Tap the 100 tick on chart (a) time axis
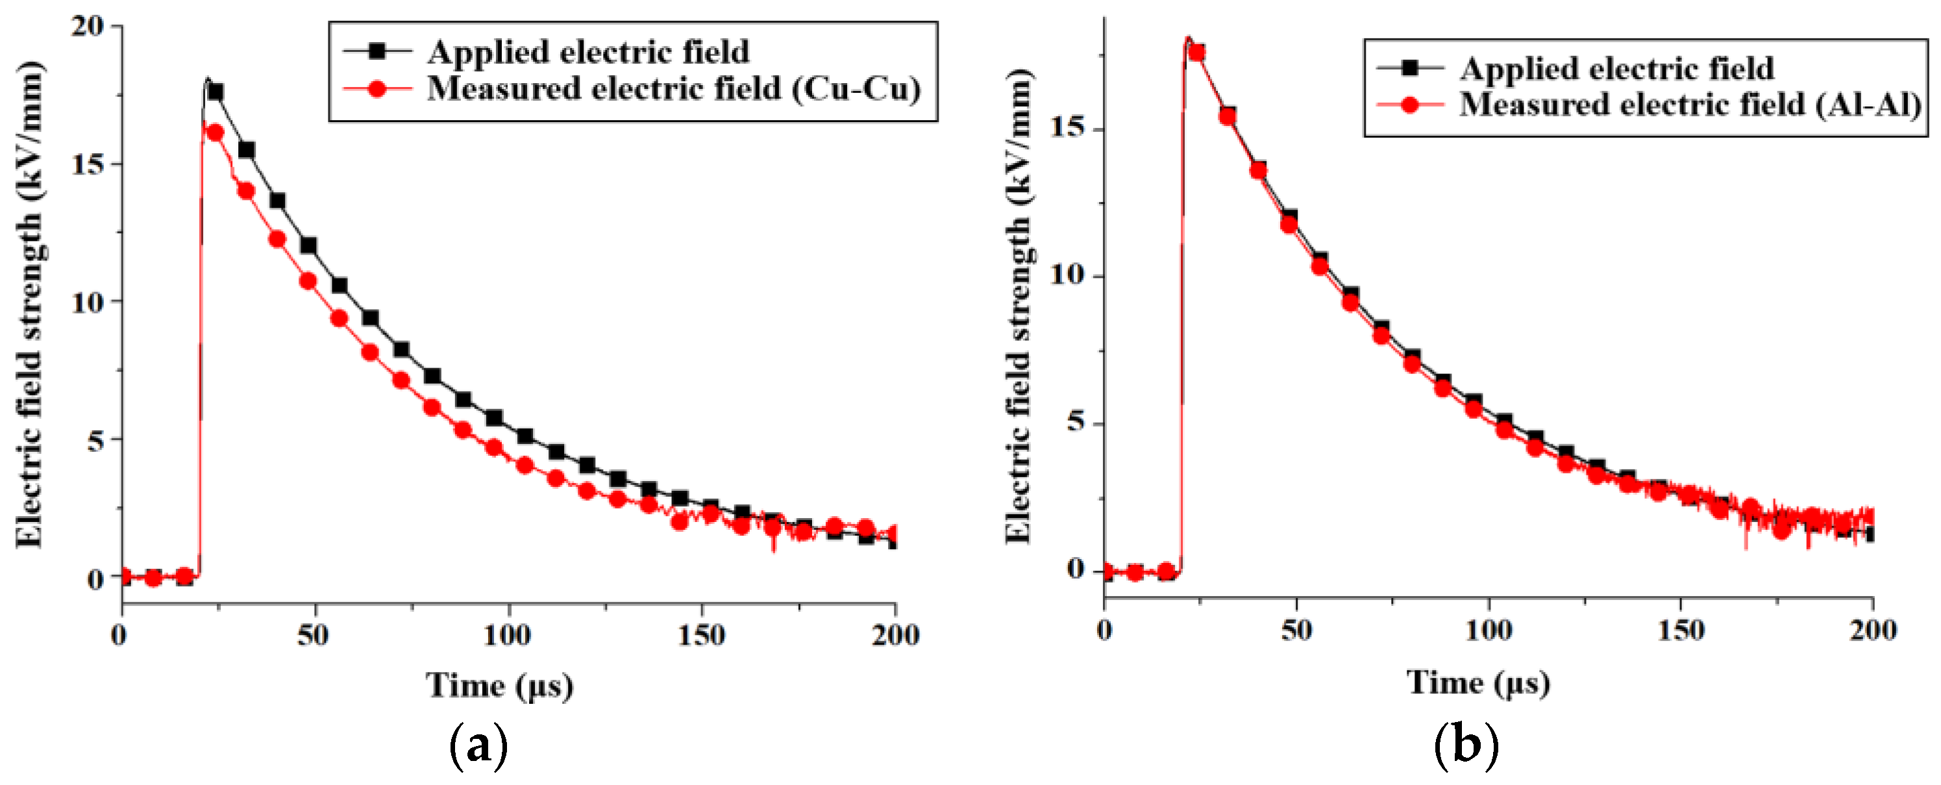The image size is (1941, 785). [x=507, y=635]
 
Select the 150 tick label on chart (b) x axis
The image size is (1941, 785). [x=1680, y=630]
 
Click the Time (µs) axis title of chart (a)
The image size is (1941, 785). [x=500, y=686]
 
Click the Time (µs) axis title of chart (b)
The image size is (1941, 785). [x=1478, y=683]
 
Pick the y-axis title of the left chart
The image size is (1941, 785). [x=30, y=305]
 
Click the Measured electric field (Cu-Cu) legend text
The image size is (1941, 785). [x=674, y=89]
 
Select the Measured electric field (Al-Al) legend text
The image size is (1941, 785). [x=1690, y=104]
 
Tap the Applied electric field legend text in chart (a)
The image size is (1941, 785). [x=589, y=52]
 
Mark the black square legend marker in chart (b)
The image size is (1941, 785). [x=1410, y=68]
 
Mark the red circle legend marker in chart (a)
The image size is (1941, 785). [x=378, y=89]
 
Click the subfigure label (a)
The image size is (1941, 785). [x=478, y=746]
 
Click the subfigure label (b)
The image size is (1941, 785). [x=1466, y=744]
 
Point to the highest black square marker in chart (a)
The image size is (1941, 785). [x=216, y=92]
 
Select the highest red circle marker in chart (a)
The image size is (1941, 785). [x=215, y=132]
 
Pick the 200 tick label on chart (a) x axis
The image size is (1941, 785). [x=895, y=635]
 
